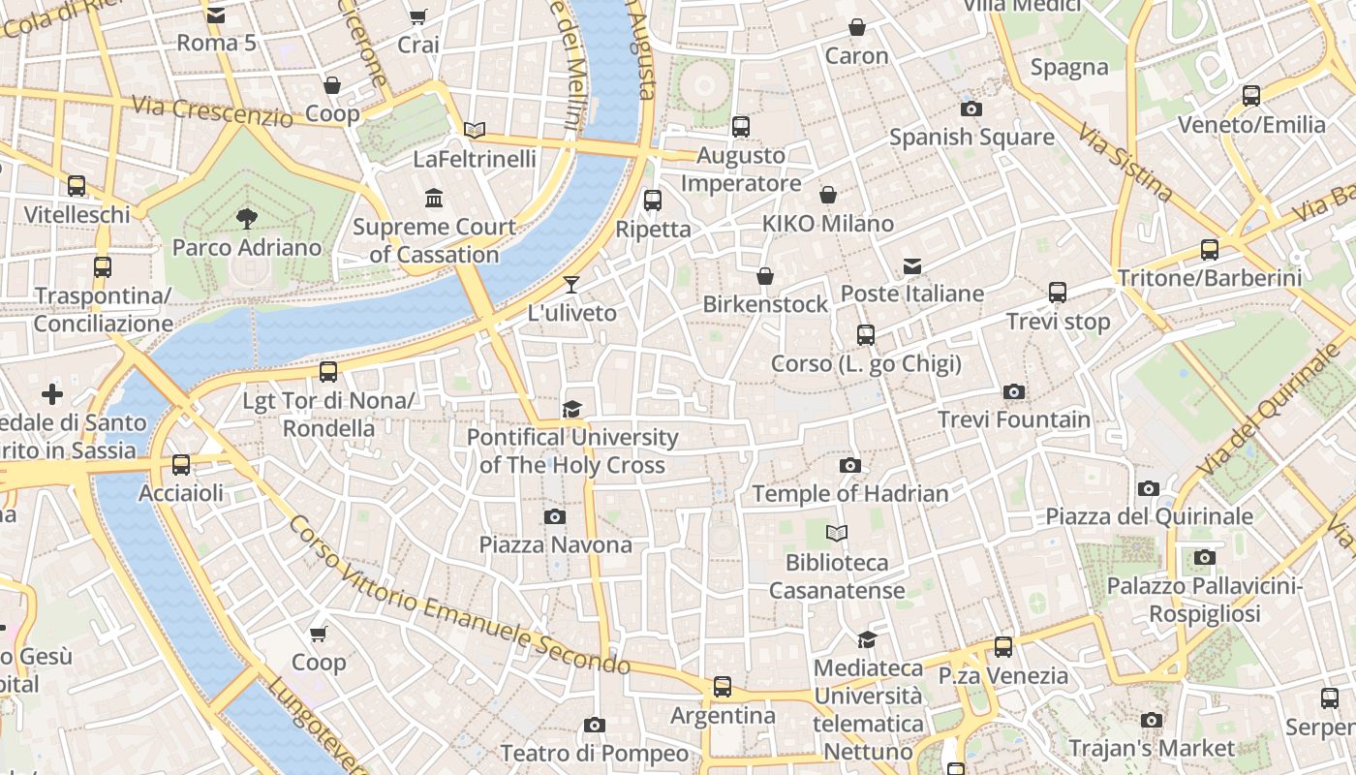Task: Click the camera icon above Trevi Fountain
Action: tap(1014, 392)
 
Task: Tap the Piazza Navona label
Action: tap(555, 544)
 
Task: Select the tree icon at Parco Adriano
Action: tap(247, 218)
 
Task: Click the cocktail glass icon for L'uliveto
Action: tap(571, 284)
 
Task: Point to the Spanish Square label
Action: tap(971, 137)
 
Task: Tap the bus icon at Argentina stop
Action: tap(723, 687)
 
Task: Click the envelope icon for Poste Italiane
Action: tap(911, 266)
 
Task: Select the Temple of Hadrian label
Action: tap(850, 493)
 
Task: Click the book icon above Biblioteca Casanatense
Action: tap(837, 533)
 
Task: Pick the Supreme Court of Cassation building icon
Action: tap(434, 199)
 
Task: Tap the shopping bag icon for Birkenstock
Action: tap(765, 276)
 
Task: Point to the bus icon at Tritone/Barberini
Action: tap(1210, 249)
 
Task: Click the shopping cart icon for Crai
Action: tap(417, 16)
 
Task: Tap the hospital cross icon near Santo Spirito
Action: tap(52, 394)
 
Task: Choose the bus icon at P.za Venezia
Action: tap(1003, 647)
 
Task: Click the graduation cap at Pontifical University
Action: tap(572, 409)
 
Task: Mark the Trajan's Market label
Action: tap(1151, 748)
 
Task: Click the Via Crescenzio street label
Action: tap(212, 111)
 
